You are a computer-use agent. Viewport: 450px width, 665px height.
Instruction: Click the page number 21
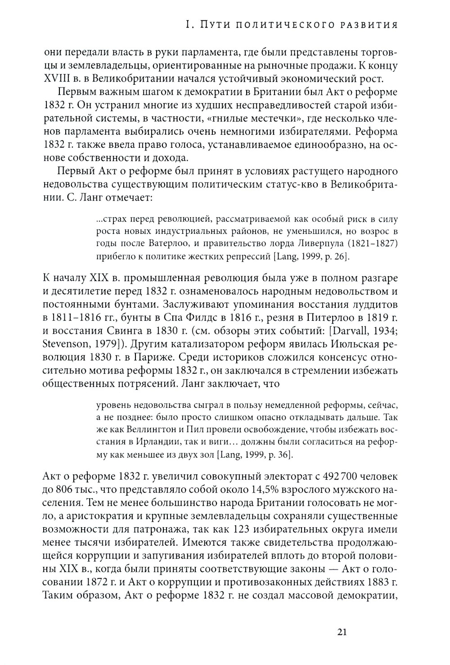click(341, 632)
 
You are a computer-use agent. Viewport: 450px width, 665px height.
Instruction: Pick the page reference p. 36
click(282, 455)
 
